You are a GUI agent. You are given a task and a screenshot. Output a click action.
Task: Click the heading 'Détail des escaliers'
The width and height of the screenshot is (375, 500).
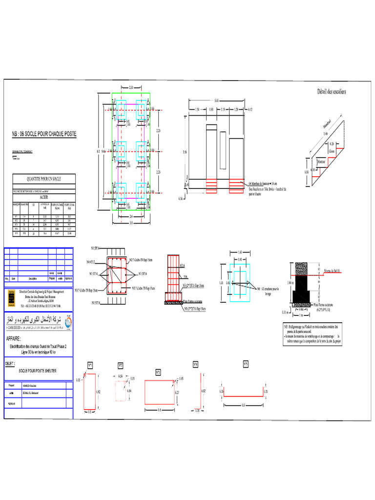330,91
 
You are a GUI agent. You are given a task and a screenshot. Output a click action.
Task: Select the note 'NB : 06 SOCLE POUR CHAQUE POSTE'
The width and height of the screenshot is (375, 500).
44,134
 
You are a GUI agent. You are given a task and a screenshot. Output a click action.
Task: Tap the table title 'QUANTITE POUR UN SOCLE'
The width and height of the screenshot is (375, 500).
44,179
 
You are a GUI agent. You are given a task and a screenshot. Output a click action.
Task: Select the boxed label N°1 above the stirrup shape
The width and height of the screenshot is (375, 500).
90,365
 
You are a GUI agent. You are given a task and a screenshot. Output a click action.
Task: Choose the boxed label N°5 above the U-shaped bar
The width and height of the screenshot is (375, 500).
246,364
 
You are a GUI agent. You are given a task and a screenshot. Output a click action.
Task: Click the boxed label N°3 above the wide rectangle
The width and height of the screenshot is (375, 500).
158,372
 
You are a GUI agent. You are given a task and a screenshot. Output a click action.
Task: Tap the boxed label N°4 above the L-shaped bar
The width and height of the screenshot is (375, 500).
195,364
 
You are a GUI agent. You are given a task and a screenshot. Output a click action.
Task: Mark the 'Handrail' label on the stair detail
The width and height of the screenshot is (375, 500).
328,122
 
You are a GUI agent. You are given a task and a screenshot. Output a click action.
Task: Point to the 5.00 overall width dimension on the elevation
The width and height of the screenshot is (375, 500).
216,101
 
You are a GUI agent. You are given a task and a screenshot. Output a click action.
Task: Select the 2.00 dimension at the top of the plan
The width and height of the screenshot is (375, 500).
131,87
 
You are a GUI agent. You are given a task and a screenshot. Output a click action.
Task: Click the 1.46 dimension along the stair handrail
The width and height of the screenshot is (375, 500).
326,133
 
